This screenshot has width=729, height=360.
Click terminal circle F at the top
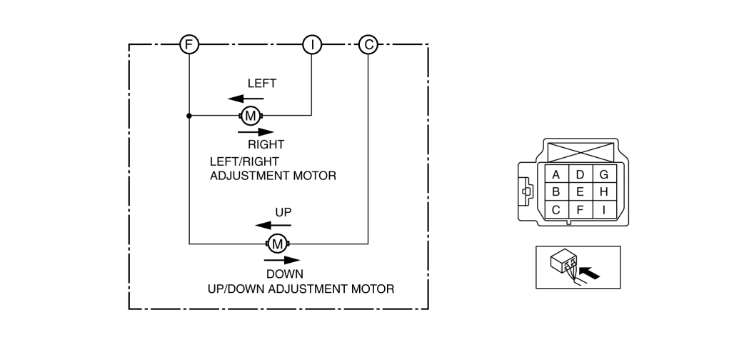pos(188,45)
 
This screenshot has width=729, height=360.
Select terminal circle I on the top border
pos(312,45)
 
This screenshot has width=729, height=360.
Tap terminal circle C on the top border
pos(368,45)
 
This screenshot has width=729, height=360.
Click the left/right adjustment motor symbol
pos(251,115)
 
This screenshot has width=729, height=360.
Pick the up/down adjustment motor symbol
pos(276,244)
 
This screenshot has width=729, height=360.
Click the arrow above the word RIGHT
pos(256,131)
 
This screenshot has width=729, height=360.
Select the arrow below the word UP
pos(273,226)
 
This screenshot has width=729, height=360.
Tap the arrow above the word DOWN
pos(282,260)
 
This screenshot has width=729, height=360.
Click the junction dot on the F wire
pos(188,115)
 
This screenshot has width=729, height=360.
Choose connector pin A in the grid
pos(555,174)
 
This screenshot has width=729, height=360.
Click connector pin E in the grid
pos(580,192)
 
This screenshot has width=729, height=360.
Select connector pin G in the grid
pos(604,174)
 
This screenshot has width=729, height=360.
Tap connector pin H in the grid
pos(604,192)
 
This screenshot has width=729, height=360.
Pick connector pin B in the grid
pos(555,192)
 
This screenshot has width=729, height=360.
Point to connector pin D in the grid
pos(580,174)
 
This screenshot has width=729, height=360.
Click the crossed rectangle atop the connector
pos(579,151)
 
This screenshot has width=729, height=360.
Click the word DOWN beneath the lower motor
pos(285,274)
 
